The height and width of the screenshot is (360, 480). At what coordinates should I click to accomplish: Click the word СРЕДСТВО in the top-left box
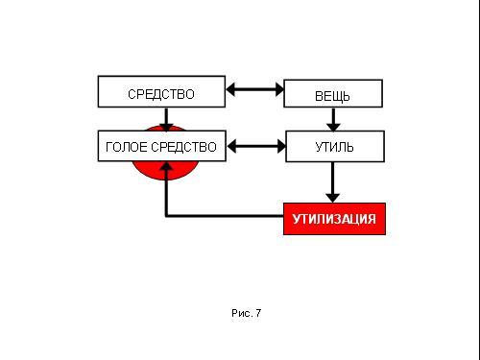(161, 94)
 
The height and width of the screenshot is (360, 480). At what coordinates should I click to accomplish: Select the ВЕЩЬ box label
(332, 96)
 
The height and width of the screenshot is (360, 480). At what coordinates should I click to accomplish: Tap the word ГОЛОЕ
(127, 147)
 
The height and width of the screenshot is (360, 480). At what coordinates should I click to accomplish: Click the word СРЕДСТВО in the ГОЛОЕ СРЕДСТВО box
(184, 147)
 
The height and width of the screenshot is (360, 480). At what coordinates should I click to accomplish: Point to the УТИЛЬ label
(334, 147)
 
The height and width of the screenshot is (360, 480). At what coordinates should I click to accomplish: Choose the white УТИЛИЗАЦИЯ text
(334, 219)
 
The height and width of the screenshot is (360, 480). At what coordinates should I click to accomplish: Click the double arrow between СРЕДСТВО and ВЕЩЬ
(254, 89)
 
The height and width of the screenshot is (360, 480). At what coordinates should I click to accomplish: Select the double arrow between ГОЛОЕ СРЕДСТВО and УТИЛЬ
(256, 147)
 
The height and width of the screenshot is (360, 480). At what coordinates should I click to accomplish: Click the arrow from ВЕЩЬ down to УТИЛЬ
(333, 119)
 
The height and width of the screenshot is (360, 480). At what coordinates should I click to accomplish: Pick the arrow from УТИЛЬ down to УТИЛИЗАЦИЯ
(333, 182)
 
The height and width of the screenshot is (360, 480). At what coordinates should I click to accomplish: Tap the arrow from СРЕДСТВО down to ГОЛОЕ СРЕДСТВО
(166, 120)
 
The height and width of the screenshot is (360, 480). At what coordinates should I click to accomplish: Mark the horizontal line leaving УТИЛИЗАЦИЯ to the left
(225, 216)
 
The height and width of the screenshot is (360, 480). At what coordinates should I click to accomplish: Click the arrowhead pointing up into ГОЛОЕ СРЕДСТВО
(166, 166)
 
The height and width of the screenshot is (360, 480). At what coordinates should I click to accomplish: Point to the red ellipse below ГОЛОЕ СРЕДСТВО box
(165, 171)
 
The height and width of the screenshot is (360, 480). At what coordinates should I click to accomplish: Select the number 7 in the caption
(258, 313)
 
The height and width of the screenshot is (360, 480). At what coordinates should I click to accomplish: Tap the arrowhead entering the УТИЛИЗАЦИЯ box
(333, 198)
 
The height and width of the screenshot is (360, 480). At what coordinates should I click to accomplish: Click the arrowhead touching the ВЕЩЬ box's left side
(279, 89)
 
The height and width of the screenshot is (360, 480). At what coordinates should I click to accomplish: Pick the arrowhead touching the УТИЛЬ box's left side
(281, 147)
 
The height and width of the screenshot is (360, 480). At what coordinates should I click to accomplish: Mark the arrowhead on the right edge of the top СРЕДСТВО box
(230, 89)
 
